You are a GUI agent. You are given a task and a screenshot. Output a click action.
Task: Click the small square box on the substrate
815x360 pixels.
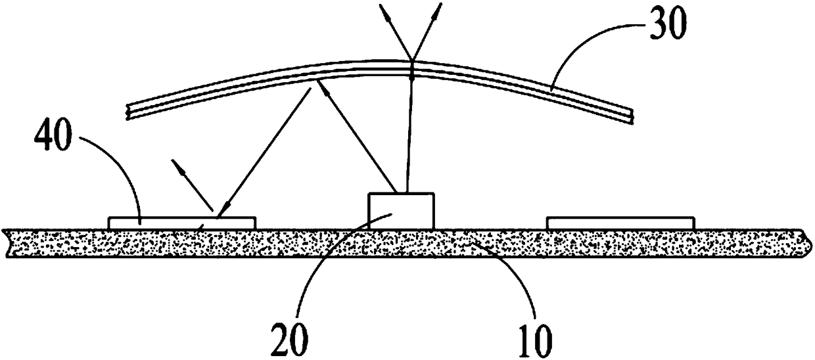click(401, 210)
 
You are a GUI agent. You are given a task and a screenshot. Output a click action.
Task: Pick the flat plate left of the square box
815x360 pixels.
click(182, 223)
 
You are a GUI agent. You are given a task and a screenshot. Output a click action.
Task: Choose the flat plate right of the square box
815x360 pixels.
click(620, 223)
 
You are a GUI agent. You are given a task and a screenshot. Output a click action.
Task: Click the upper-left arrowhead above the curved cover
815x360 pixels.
click(383, 9)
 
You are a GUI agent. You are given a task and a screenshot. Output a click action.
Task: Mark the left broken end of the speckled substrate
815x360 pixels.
click(8, 243)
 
